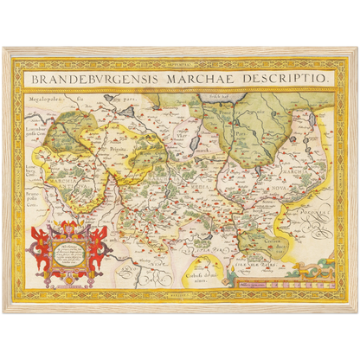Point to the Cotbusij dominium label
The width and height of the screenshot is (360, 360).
201,276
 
